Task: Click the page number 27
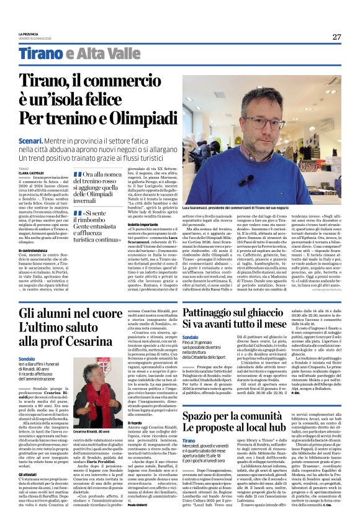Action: point(336,37)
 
